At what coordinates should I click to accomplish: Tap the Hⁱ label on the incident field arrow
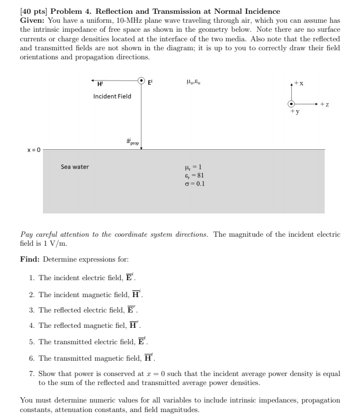(x=100, y=84)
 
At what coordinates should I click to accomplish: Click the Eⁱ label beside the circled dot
(x=151, y=82)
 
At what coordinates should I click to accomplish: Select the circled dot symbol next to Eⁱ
(x=141, y=81)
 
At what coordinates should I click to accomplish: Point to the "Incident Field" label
(x=112, y=96)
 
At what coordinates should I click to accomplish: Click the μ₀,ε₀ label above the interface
(x=193, y=82)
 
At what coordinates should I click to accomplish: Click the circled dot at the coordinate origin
(x=291, y=104)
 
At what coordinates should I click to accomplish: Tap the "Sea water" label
(x=75, y=167)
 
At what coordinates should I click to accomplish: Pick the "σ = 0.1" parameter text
(x=193, y=184)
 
